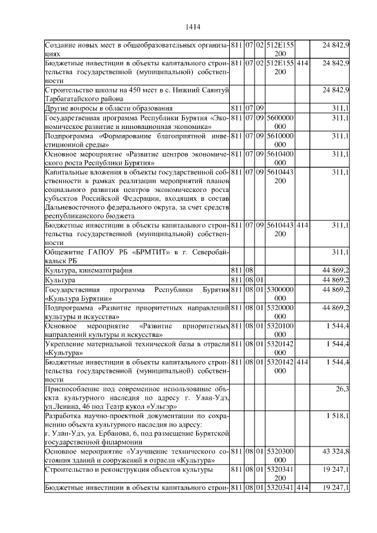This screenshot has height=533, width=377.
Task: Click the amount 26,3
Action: tap(342, 389)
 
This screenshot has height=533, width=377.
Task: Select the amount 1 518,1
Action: tap(338, 416)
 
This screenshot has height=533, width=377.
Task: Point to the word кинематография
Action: tap(104, 270)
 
